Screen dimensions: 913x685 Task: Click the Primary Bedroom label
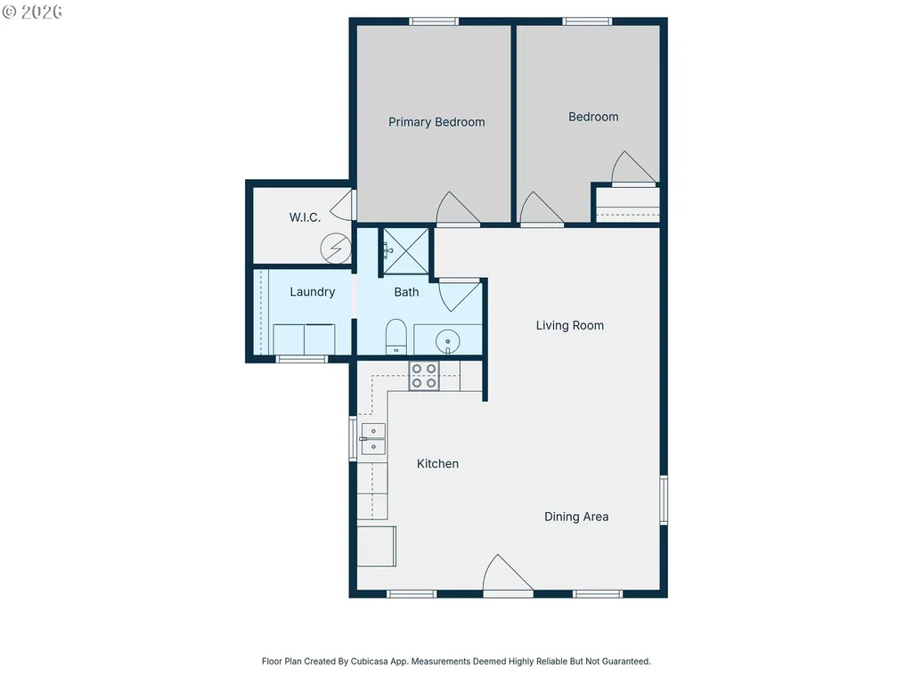pyautogui.click(x=436, y=122)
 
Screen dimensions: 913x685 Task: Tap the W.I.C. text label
pyautogui.click(x=306, y=217)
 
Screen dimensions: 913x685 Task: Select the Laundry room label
pyautogui.click(x=313, y=292)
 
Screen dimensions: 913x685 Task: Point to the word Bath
pyautogui.click(x=406, y=292)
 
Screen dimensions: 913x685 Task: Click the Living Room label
pyautogui.click(x=570, y=326)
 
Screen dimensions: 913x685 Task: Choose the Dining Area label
pyautogui.click(x=576, y=517)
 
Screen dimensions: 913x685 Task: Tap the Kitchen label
pyautogui.click(x=438, y=464)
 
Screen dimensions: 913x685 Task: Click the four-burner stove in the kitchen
pyautogui.click(x=424, y=376)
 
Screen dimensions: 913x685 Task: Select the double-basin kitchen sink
pyautogui.click(x=372, y=438)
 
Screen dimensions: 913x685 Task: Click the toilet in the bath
pyautogui.click(x=396, y=337)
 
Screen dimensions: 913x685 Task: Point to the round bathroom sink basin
pyautogui.click(x=448, y=341)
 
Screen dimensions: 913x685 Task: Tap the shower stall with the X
pyautogui.click(x=406, y=251)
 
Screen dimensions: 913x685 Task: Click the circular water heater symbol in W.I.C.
pyautogui.click(x=336, y=249)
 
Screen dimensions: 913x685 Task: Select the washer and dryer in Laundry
pyautogui.click(x=304, y=339)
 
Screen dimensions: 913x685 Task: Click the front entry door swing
pyautogui.click(x=508, y=575)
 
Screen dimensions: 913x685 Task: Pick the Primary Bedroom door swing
pyautogui.click(x=458, y=208)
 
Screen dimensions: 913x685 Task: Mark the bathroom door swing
pyautogui.click(x=460, y=296)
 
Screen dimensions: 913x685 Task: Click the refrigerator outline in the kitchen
pyautogui.click(x=376, y=546)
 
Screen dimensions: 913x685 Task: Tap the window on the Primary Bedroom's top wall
pyautogui.click(x=434, y=21)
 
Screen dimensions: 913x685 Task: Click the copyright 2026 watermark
pyautogui.click(x=32, y=12)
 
